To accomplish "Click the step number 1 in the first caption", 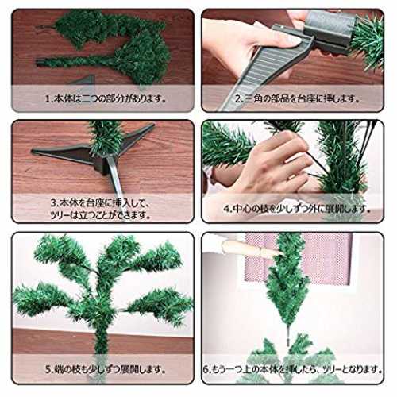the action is tap(48, 99).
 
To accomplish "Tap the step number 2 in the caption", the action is tap(238, 99).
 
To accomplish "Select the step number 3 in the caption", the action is tap(54, 203).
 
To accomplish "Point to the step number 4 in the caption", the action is tap(226, 209).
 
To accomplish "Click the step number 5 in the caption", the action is tap(48, 369).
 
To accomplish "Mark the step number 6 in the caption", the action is tap(206, 369).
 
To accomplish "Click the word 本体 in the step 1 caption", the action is tap(61, 99).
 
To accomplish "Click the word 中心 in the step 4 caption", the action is tap(241, 209).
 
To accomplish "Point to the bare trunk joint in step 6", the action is tap(288, 336).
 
